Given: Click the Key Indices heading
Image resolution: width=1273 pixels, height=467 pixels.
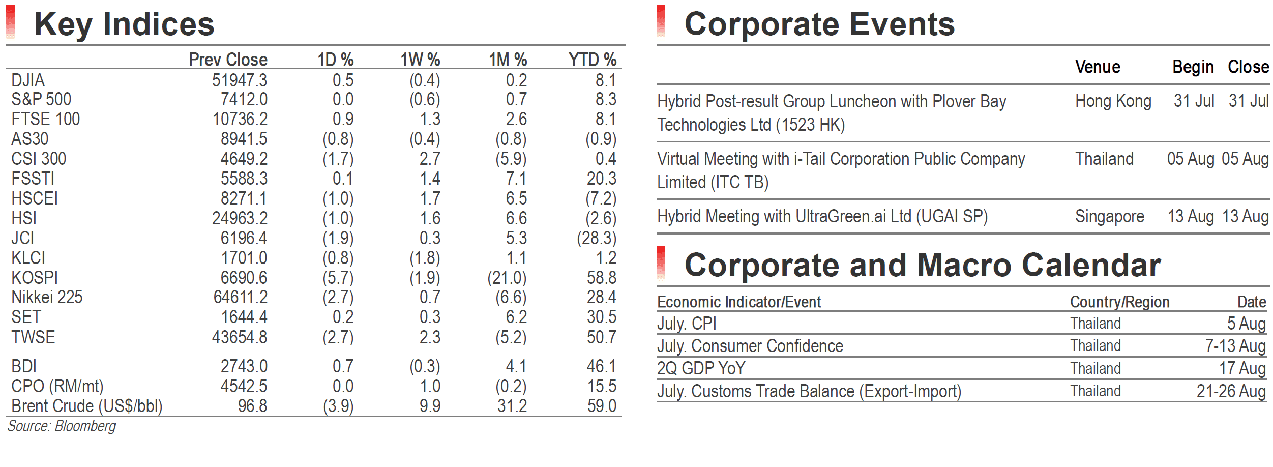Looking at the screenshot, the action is click(x=124, y=24).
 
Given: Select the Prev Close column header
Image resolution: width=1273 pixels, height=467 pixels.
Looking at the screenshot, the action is click(x=228, y=60).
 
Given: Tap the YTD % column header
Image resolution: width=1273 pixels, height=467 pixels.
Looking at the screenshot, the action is click(x=592, y=60).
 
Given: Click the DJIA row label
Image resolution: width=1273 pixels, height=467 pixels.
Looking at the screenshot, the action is click(x=28, y=80).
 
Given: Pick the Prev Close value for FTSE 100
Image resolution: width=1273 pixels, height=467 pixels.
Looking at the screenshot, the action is click(x=240, y=119).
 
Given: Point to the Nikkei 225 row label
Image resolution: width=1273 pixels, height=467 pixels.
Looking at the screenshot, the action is click(x=47, y=297).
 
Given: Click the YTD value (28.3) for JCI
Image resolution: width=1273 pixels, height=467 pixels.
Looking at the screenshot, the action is click(x=596, y=238).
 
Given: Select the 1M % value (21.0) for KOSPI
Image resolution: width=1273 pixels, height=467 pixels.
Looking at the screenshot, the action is click(x=507, y=278).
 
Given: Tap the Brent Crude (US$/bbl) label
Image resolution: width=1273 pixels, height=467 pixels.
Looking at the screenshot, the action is click(x=87, y=406).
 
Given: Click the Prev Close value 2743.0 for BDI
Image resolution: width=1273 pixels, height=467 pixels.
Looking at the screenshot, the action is click(x=244, y=366).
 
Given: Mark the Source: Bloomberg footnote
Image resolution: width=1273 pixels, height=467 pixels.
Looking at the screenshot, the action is click(x=62, y=426).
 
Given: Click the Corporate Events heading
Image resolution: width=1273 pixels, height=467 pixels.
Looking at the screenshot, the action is click(x=819, y=24).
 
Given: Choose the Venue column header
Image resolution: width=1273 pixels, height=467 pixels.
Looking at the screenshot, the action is click(x=1098, y=67).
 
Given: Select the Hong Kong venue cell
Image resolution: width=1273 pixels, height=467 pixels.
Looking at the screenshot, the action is click(x=1113, y=101).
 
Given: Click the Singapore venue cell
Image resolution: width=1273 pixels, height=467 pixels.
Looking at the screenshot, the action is click(x=1109, y=217).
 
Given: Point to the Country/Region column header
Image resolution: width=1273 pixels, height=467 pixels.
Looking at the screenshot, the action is click(x=1119, y=302).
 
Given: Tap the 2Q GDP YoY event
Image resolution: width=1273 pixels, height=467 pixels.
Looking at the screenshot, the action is click(x=701, y=368).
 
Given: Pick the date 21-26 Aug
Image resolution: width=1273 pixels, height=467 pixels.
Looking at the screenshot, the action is click(x=1231, y=391).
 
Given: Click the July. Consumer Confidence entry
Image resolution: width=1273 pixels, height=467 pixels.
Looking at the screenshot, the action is click(x=750, y=346).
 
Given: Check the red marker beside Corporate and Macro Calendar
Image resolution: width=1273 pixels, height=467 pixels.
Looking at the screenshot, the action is click(x=661, y=264).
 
